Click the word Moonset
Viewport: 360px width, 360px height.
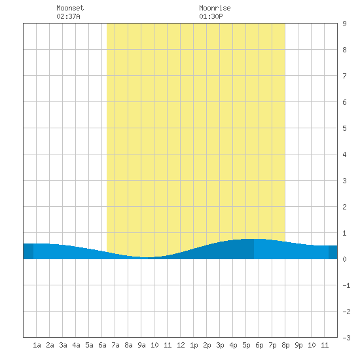click(70, 8)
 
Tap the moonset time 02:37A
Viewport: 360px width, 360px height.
click(68, 16)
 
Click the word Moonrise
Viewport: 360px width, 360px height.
click(215, 8)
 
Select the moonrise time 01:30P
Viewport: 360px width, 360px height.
click(211, 16)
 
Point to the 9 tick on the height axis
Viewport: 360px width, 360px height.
click(344, 24)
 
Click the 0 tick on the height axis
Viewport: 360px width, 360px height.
click(344, 259)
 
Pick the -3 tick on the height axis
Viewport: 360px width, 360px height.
click(346, 338)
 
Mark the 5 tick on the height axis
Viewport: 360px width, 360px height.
click(344, 128)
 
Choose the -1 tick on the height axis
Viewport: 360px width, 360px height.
click(346, 285)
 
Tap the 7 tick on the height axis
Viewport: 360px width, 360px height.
click(344, 76)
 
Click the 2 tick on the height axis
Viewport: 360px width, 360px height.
click(344, 207)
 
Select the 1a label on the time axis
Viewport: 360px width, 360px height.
click(37, 345)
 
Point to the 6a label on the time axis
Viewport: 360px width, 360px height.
click(102, 345)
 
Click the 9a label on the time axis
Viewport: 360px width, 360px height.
click(141, 345)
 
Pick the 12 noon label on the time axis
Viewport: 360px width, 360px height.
click(181, 345)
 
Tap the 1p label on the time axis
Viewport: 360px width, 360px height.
click(194, 345)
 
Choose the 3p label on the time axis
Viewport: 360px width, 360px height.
click(220, 345)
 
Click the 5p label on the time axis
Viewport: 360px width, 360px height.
click(246, 345)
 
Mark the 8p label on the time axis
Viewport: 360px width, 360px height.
click(285, 345)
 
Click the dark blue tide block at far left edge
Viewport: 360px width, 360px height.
click(28, 251)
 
